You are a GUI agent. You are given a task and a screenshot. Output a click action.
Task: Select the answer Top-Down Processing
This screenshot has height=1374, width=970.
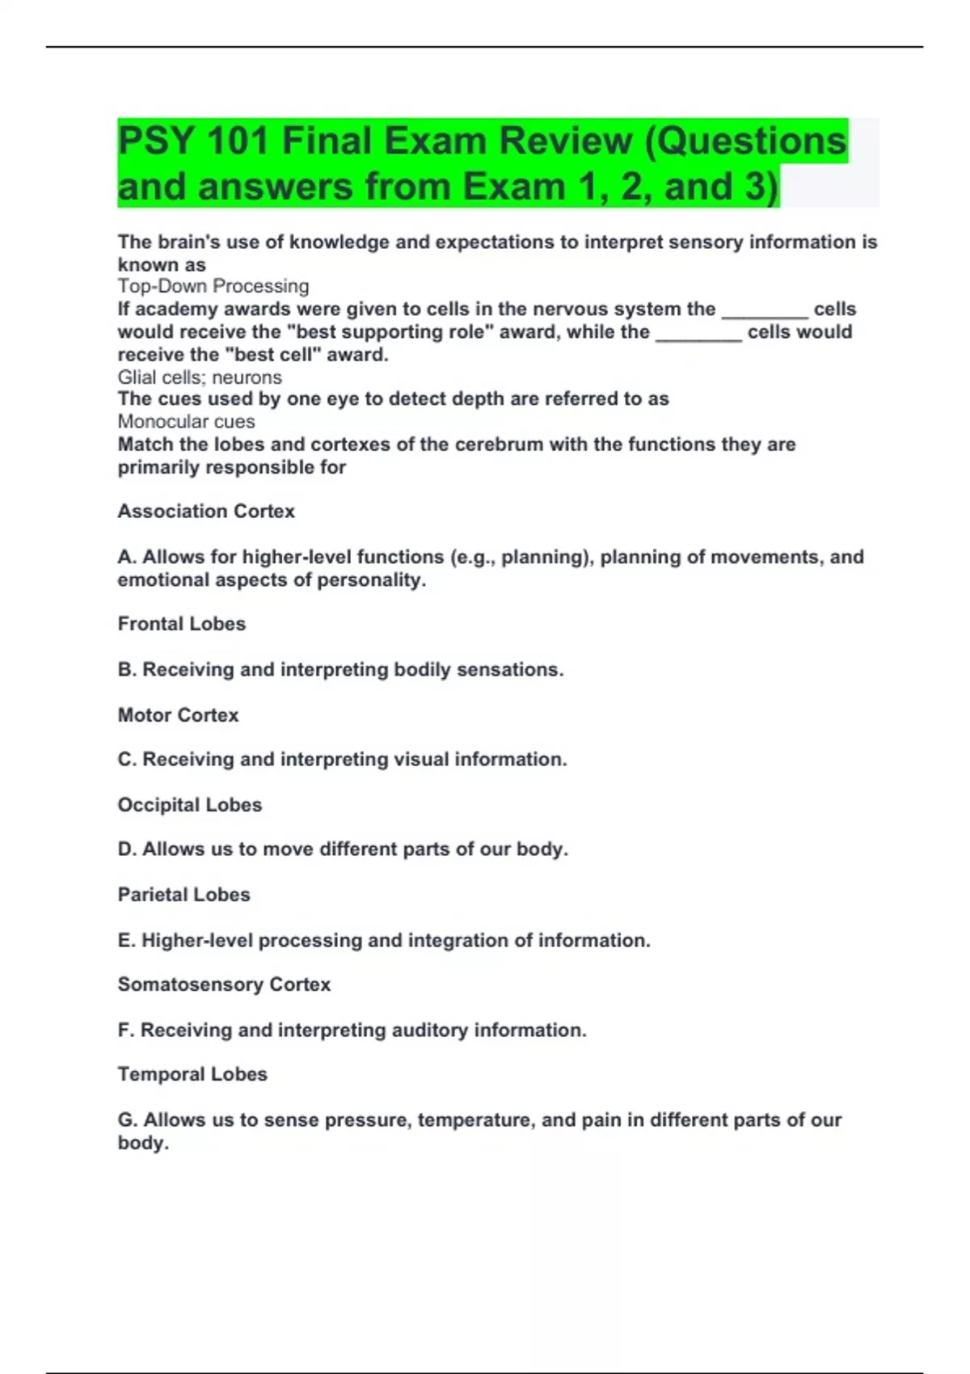(x=213, y=286)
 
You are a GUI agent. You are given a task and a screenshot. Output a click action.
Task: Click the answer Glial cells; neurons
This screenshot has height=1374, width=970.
(x=200, y=377)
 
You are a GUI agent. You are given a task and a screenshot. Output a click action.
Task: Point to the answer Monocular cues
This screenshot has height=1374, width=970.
(x=186, y=422)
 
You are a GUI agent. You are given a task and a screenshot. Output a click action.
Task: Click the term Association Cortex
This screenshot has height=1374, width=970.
(x=206, y=511)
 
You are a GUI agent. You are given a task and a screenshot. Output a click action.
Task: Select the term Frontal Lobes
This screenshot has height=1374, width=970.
(x=182, y=624)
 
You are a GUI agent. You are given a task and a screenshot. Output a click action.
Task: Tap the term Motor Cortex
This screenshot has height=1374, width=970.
(x=178, y=715)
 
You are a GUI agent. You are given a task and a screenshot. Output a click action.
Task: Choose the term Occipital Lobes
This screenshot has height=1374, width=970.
(x=190, y=805)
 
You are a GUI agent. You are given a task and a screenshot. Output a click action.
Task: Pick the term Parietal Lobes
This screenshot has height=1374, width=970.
(x=183, y=895)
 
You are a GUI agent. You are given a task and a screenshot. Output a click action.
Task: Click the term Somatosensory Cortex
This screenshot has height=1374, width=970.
(x=224, y=984)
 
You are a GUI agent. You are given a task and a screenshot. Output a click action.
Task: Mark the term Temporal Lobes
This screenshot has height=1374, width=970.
(x=192, y=1074)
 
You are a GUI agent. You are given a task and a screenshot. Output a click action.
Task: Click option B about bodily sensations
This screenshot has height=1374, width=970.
(x=340, y=670)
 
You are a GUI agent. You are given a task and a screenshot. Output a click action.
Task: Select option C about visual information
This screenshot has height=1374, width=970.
(x=342, y=760)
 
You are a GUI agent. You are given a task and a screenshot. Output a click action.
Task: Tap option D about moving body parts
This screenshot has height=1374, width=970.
(x=343, y=849)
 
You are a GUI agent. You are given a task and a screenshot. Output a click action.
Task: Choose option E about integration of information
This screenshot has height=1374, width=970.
(x=384, y=940)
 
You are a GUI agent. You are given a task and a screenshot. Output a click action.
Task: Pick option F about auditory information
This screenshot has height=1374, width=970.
(x=352, y=1030)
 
